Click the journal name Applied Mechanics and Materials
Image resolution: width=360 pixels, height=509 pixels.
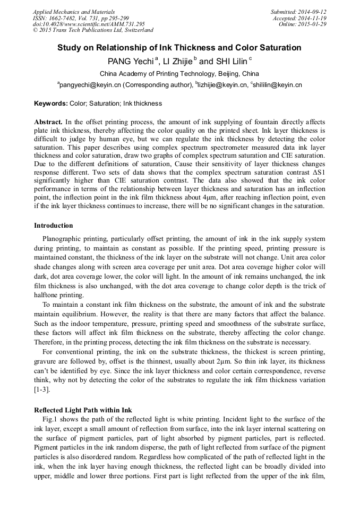point(74,11)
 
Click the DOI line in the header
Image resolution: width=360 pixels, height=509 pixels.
point(88,24)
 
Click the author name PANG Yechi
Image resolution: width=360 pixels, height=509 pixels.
point(130,62)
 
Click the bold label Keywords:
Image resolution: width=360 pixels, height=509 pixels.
point(50,103)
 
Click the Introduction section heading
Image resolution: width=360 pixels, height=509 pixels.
point(54,226)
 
